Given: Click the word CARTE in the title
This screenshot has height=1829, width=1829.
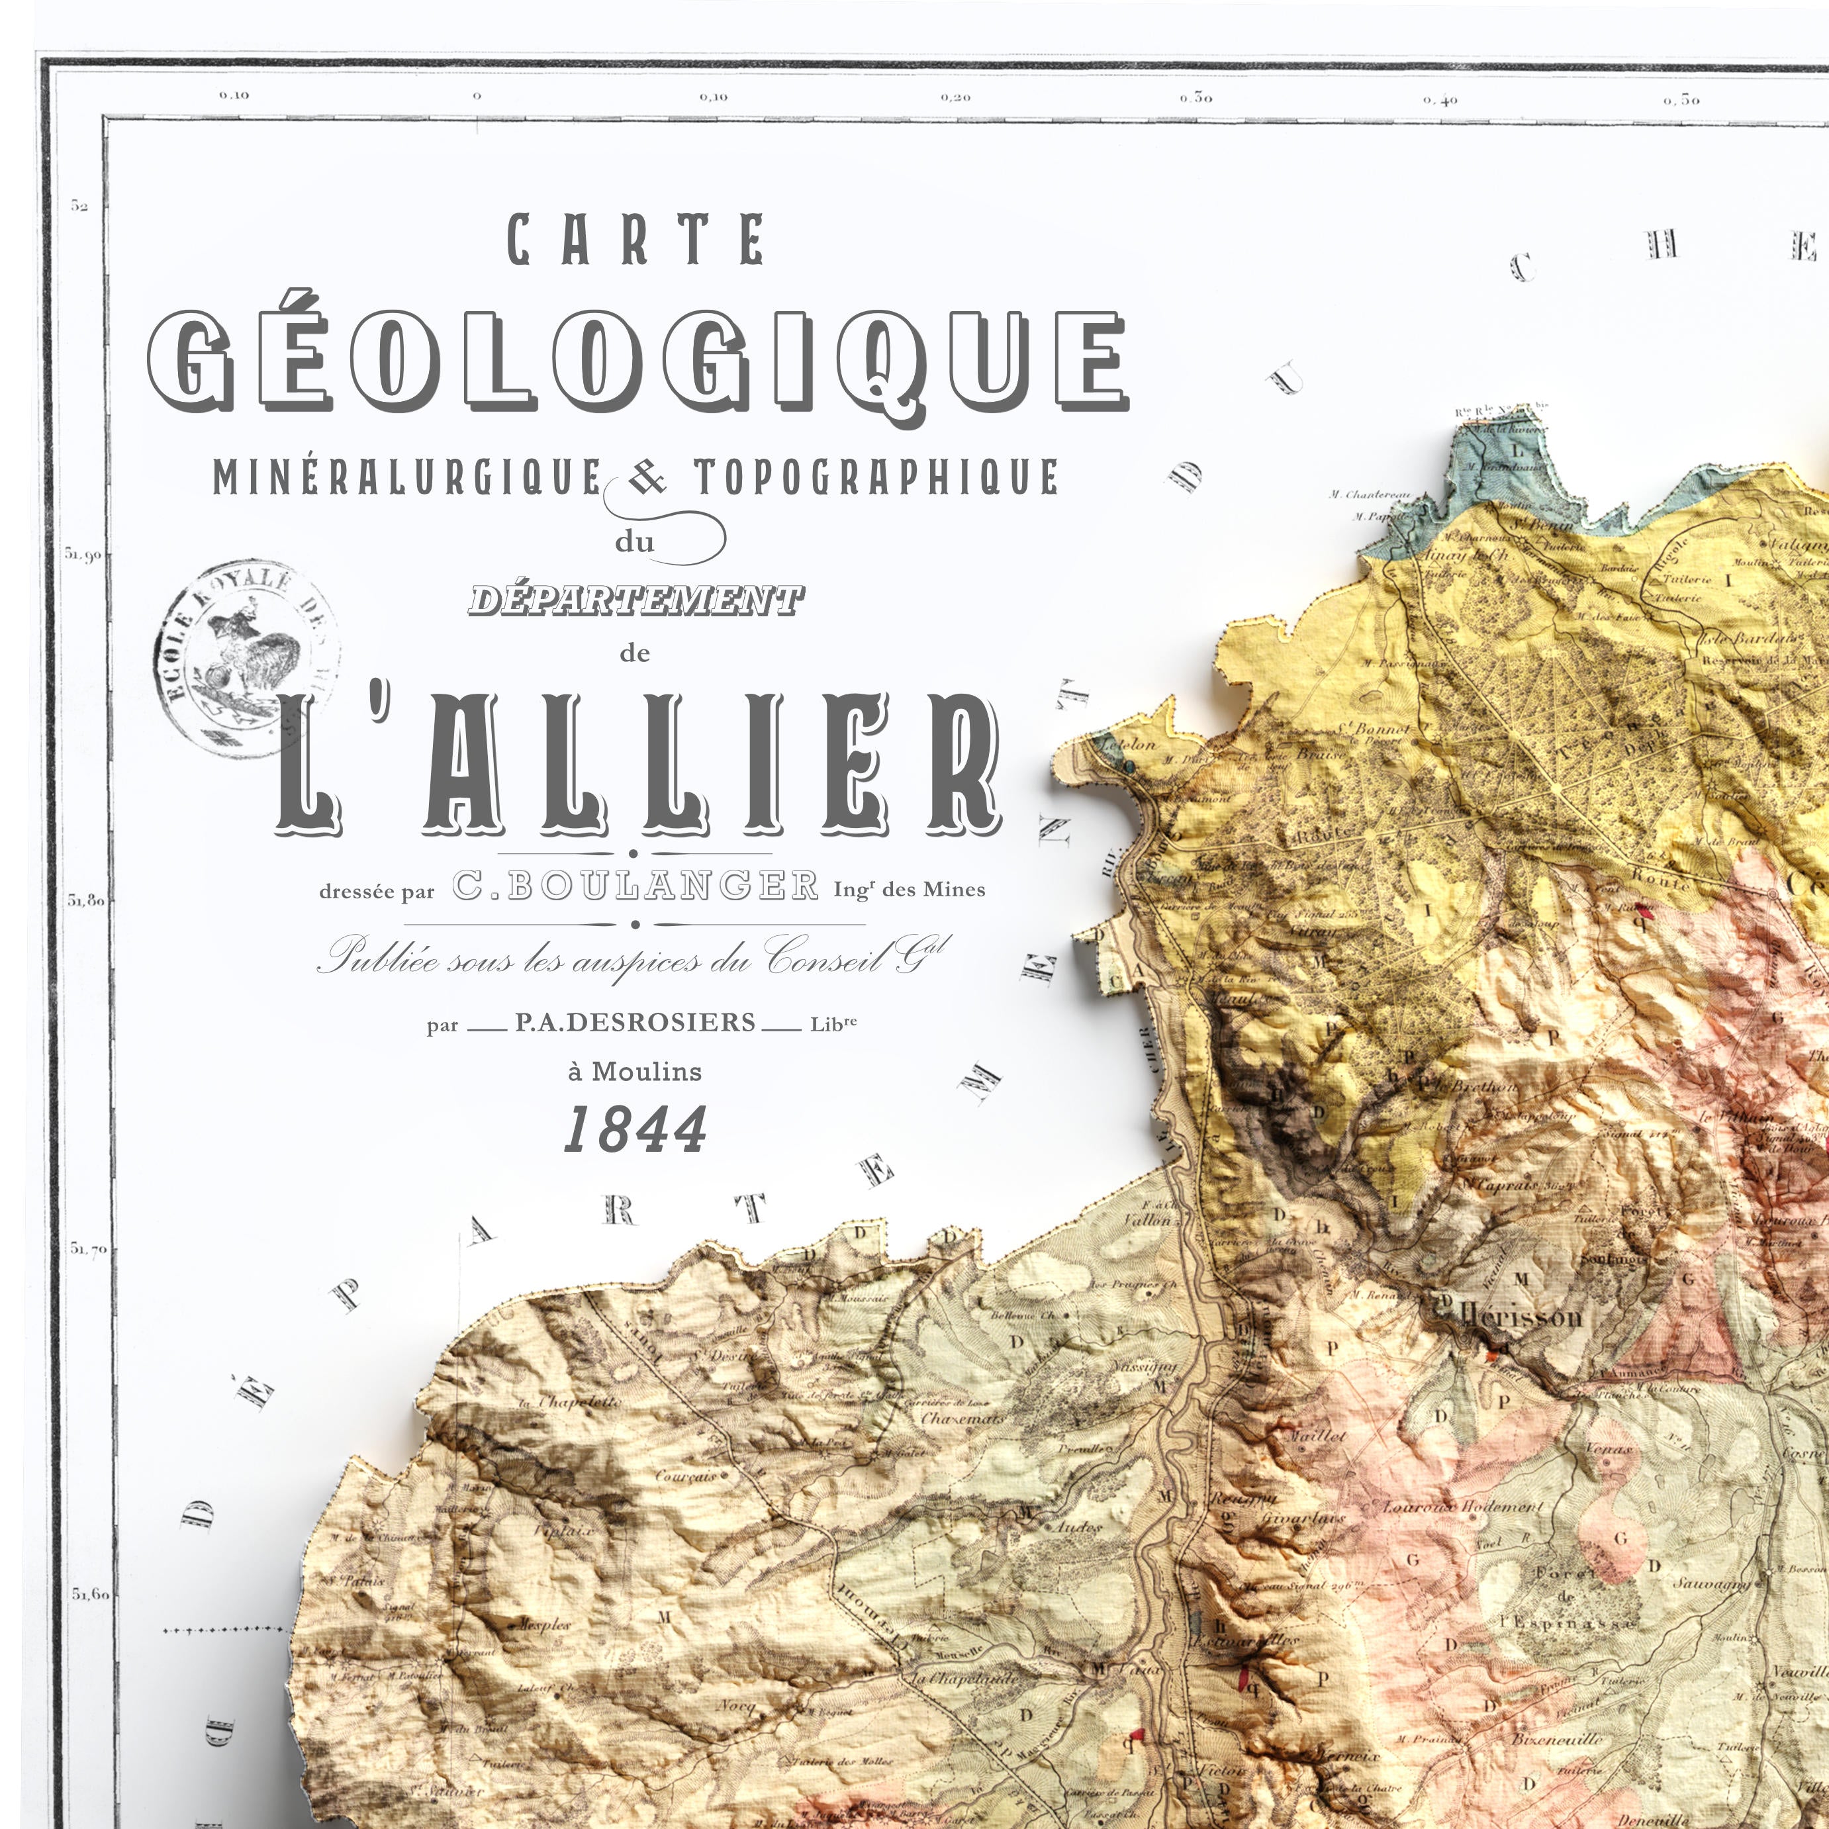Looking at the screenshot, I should [x=635, y=240].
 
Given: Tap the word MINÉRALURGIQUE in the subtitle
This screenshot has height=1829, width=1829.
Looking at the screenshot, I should [x=407, y=477].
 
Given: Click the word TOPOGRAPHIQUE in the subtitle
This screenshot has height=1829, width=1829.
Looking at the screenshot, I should [x=876, y=477].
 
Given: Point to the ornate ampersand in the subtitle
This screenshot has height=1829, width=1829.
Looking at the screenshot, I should [x=647, y=479].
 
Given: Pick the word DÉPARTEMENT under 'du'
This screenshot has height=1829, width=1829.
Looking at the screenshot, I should [x=636, y=599].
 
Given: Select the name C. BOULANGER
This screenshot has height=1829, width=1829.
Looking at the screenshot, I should [x=634, y=887].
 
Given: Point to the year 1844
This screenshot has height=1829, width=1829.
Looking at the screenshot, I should [x=635, y=1129].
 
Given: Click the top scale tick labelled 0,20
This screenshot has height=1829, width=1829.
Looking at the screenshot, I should [x=956, y=97].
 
